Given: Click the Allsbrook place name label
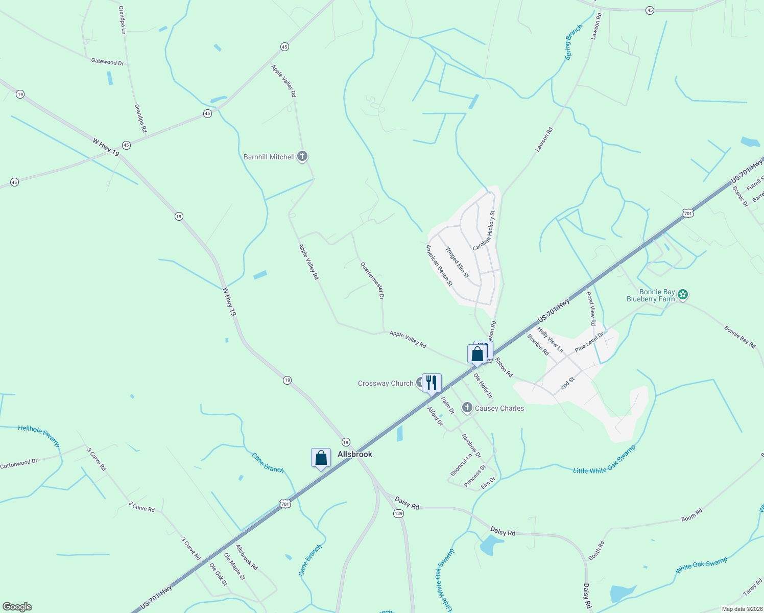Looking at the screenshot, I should (355, 454).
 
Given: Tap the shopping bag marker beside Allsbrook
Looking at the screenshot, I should (321, 458).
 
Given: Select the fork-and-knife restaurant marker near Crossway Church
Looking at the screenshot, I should (432, 384).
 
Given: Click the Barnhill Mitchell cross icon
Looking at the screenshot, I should (302, 156).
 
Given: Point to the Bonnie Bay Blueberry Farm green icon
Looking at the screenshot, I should (683, 295).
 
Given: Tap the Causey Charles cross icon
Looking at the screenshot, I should (467, 408).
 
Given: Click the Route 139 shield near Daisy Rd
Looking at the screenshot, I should (399, 513).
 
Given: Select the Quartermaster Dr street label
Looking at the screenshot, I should (372, 280).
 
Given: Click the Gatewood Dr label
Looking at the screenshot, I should (107, 62).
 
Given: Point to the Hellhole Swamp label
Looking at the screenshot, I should (39, 436).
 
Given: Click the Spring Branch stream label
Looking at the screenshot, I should (574, 42).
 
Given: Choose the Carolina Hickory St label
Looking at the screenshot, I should (484, 230).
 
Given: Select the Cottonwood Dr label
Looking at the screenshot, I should (19, 464).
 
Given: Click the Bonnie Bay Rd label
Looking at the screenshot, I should (739, 337).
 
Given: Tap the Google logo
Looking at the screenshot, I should (17, 607).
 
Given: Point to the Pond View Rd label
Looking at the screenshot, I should (591, 309).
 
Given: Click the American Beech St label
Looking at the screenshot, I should (439, 265).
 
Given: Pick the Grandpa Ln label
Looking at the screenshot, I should (122, 20).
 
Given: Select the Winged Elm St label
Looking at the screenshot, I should (457, 263).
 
